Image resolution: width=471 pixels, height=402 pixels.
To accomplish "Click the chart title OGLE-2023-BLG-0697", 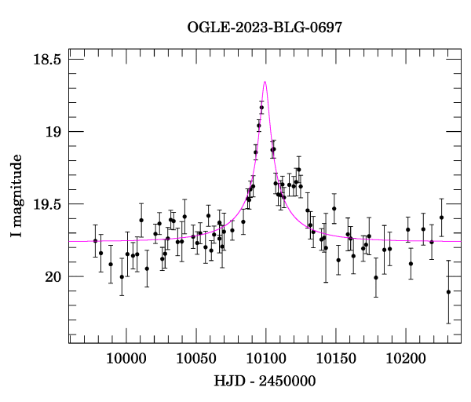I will tap(265, 27).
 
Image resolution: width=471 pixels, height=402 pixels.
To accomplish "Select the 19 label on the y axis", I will tap(53, 132).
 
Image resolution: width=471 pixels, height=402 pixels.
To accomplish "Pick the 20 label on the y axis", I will tap(53, 277).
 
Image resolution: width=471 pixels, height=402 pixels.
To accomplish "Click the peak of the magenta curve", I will tap(265, 82).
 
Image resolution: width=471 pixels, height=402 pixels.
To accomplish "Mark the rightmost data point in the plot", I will tap(448, 292).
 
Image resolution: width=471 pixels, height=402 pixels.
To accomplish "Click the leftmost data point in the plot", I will tap(95, 240).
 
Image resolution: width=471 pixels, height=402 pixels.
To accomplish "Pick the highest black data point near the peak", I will tap(261, 108).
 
